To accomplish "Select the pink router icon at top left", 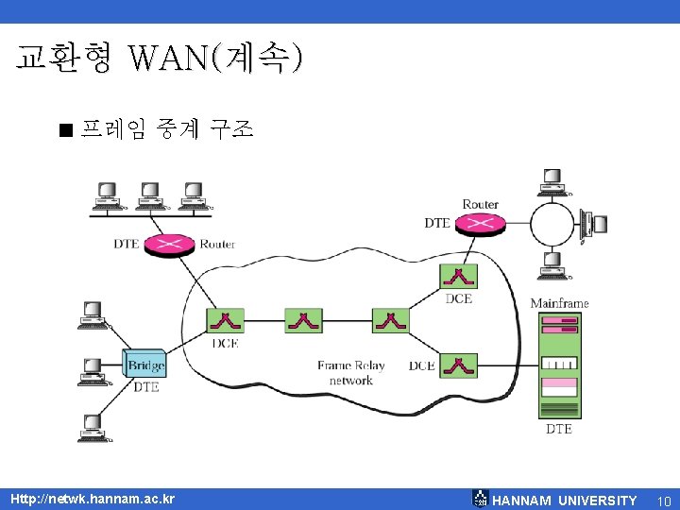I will [169, 244].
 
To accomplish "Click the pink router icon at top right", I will [480, 224].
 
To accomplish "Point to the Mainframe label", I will [559, 303].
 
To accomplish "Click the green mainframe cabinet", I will [558, 365].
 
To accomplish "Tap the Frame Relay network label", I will [351, 372].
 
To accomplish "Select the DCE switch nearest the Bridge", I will [226, 321].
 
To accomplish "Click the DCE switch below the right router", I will [458, 277].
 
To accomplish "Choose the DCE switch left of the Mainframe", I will [458, 365].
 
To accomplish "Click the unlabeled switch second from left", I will [303, 321].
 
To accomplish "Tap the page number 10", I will [663, 501].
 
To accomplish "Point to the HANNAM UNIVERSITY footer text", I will [565, 501].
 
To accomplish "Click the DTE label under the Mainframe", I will [558, 429].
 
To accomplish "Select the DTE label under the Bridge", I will [145, 387].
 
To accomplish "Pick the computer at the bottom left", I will [92, 429].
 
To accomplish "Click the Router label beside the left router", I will [217, 244].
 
